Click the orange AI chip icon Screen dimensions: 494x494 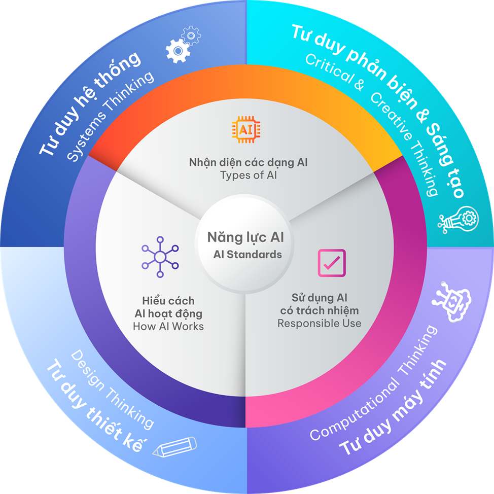(246, 129)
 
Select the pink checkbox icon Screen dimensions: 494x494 (331, 263)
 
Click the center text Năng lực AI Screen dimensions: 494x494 (245, 237)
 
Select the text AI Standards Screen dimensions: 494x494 (247, 255)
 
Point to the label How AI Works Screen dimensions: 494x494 (168, 326)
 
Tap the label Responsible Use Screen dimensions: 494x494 (319, 323)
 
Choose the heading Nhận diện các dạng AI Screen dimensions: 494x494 (248, 163)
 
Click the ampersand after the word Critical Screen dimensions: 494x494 (359, 85)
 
